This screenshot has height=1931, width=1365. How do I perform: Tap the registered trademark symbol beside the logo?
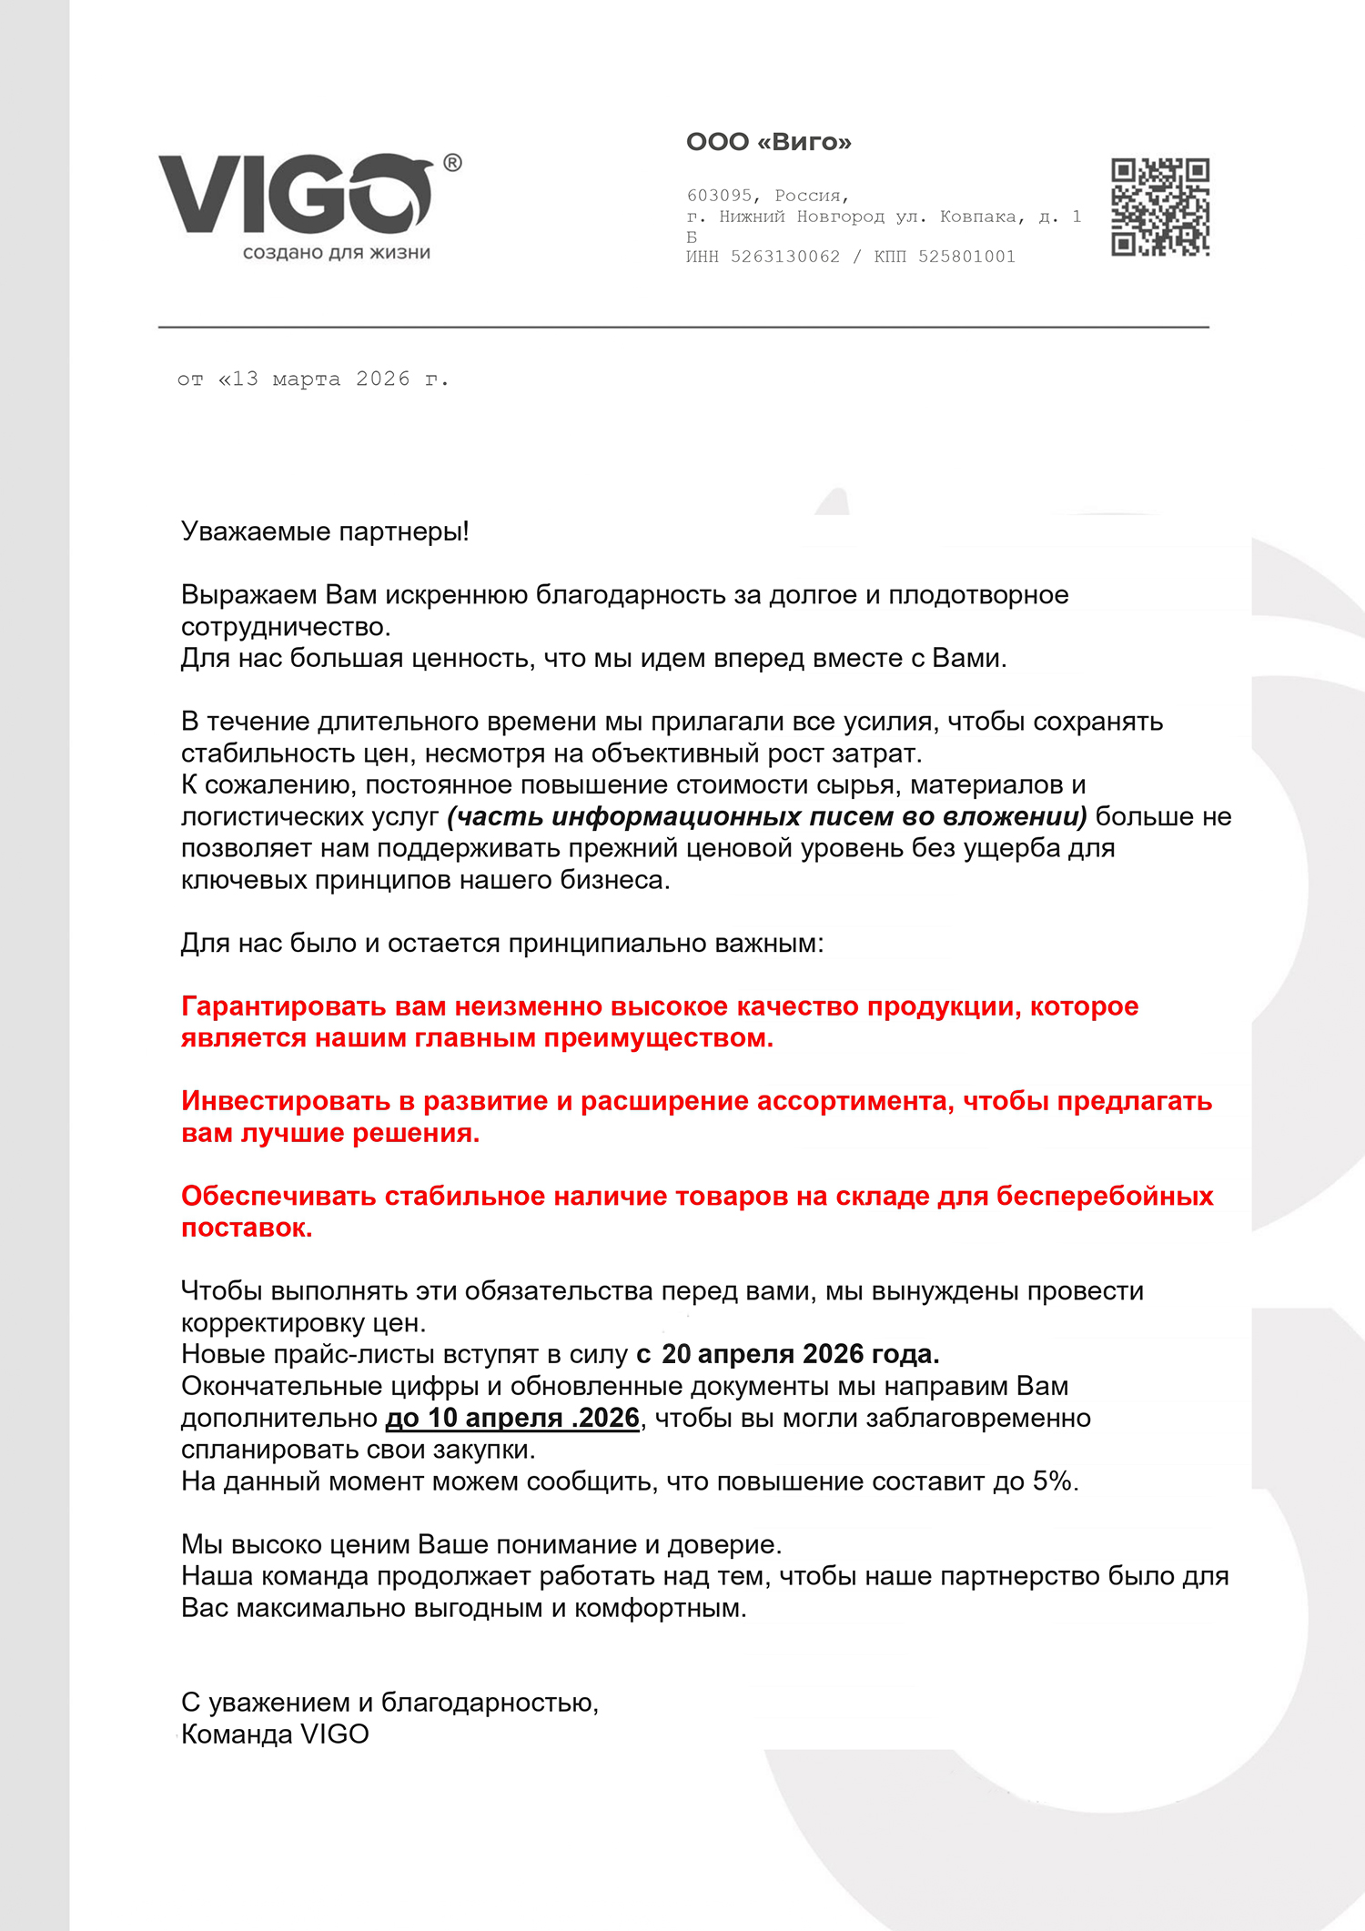(x=452, y=163)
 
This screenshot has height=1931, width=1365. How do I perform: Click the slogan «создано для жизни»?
(x=336, y=253)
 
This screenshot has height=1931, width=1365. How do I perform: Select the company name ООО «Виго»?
(x=768, y=142)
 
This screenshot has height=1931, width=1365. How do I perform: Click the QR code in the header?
(x=1159, y=207)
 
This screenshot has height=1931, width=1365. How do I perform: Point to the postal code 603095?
(x=720, y=196)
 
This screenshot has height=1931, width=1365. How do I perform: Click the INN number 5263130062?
(x=785, y=257)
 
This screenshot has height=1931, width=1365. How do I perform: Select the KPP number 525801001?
(x=966, y=257)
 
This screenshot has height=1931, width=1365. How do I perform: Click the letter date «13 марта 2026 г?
(x=332, y=379)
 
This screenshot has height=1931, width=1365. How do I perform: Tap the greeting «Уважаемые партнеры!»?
(x=325, y=531)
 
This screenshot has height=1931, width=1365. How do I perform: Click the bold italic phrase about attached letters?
(x=767, y=816)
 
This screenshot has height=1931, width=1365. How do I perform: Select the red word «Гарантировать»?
(x=284, y=1006)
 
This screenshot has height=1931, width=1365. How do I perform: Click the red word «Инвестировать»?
(x=286, y=1101)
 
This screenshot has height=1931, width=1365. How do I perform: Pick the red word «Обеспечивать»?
(x=278, y=1196)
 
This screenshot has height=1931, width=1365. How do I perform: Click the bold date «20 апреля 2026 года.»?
(x=800, y=1354)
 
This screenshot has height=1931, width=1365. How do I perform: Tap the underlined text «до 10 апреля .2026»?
(x=513, y=1418)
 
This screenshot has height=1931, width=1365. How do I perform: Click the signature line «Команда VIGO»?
(x=275, y=1734)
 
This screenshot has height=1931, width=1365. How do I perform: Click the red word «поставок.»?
(x=247, y=1228)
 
